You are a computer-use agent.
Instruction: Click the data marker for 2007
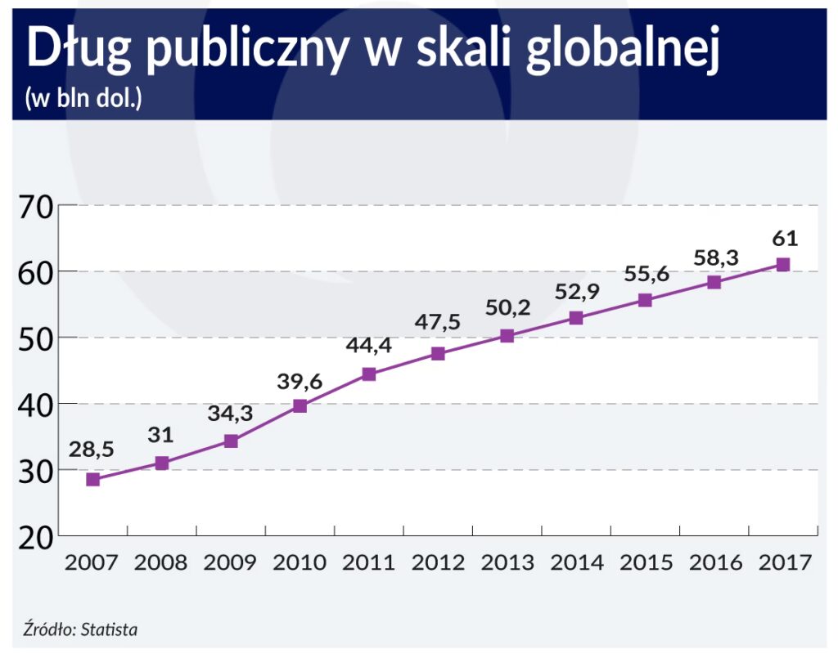pyautogui.click(x=92, y=480)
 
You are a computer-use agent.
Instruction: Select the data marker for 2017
pyautogui.click(x=783, y=265)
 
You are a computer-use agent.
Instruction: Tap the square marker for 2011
pyautogui.click(x=368, y=374)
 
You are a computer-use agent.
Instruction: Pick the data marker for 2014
pyautogui.click(x=576, y=318)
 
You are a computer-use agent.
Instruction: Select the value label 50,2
pyautogui.click(x=507, y=307)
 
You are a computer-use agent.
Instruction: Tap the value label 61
pyautogui.click(x=784, y=238)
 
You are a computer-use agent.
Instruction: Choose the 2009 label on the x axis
pyautogui.click(x=230, y=563)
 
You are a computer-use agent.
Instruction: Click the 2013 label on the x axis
pyautogui.click(x=507, y=563)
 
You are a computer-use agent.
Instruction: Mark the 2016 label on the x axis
pyautogui.click(x=714, y=563)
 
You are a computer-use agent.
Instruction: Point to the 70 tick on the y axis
pyautogui.click(x=34, y=207)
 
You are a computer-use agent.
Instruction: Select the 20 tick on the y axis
pyautogui.click(x=34, y=537)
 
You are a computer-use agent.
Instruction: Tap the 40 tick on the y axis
pyautogui.click(x=34, y=405)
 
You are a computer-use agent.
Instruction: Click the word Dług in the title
pyautogui.click(x=74, y=51)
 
